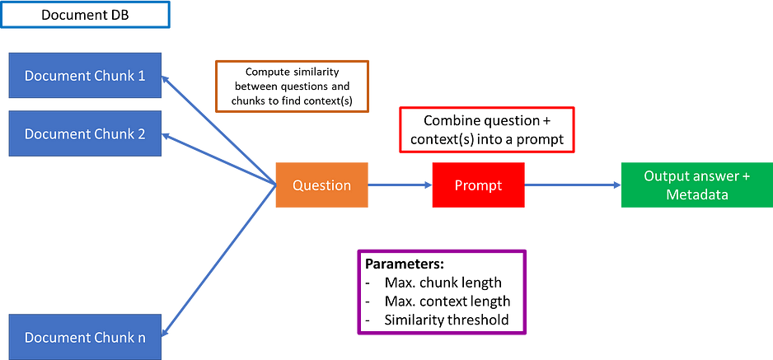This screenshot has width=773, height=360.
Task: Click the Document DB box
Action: click(85, 15)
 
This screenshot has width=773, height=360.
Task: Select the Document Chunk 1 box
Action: click(85, 75)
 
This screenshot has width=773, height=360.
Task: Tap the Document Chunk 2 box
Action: click(85, 133)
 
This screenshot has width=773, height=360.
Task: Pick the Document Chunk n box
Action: click(85, 338)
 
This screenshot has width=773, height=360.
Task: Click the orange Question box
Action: click(322, 185)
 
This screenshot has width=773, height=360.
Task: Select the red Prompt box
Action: click(478, 185)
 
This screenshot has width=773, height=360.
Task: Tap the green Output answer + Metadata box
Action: click(697, 185)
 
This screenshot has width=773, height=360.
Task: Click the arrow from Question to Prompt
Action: click(401, 185)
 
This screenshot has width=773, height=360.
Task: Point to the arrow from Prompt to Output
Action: click(573, 185)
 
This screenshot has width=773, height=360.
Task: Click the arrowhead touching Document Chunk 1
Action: click(166, 79)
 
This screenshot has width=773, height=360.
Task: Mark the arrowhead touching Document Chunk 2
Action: click(166, 136)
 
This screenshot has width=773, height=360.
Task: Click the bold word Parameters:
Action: click(405, 264)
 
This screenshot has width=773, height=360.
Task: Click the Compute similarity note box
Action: click(292, 86)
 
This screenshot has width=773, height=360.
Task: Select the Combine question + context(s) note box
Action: click(487, 129)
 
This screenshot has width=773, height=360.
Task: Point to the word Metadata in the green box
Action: click(697, 194)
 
